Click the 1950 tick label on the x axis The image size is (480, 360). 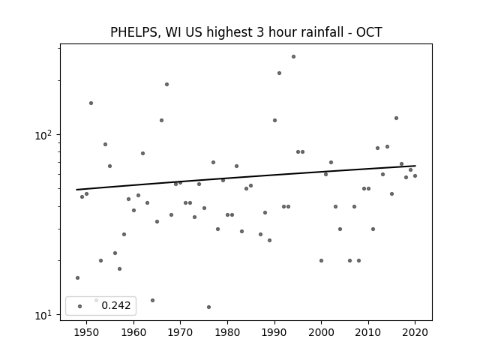pyautogui.click(x=87, y=332)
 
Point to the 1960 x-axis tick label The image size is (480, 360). pyautogui.click(x=133, y=332)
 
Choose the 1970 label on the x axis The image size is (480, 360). pyautogui.click(x=181, y=332)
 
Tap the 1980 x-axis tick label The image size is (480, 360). pyautogui.click(x=227, y=332)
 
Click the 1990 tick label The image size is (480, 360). pyautogui.click(x=274, y=332)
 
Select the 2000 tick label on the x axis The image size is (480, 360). pyautogui.click(x=322, y=332)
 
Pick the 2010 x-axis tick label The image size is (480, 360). pyautogui.click(x=368, y=332)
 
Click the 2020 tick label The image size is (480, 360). pyautogui.click(x=415, y=332)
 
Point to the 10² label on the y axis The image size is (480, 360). pyautogui.click(x=45, y=135)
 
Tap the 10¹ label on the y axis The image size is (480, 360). pyautogui.click(x=45, y=315)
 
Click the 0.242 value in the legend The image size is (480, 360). pyautogui.click(x=116, y=305)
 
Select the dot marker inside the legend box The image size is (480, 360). pyautogui.click(x=80, y=307)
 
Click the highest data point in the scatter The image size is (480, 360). pyautogui.click(x=293, y=57)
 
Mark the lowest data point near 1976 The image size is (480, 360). pyautogui.click(x=208, y=307)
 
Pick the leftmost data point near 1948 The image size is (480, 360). pyautogui.click(x=78, y=278)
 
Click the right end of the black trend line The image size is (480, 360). pyautogui.click(x=415, y=166)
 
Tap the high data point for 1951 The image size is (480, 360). pyautogui.click(x=91, y=103)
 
